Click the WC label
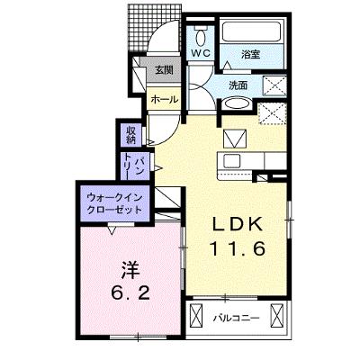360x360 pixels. (x=201, y=53)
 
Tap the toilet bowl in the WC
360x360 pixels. (x=201, y=37)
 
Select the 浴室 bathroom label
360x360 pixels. (x=250, y=55)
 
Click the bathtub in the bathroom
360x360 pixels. (x=252, y=31)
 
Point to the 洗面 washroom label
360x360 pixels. (x=238, y=85)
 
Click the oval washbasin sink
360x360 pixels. (x=237, y=104)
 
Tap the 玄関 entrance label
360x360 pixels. (x=164, y=70)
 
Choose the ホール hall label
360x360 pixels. (x=164, y=99)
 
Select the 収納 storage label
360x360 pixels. (x=130, y=135)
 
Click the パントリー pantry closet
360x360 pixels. (x=135, y=166)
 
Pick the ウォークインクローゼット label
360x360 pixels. (x=113, y=203)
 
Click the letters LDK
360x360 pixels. (x=238, y=224)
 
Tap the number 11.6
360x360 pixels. (x=238, y=248)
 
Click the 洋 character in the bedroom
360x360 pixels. (x=130, y=269)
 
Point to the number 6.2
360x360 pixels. (x=130, y=293)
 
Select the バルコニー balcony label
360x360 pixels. (x=237, y=318)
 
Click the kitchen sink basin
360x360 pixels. (x=232, y=161)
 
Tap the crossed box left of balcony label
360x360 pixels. (x=196, y=315)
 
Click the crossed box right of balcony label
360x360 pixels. (x=276, y=315)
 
